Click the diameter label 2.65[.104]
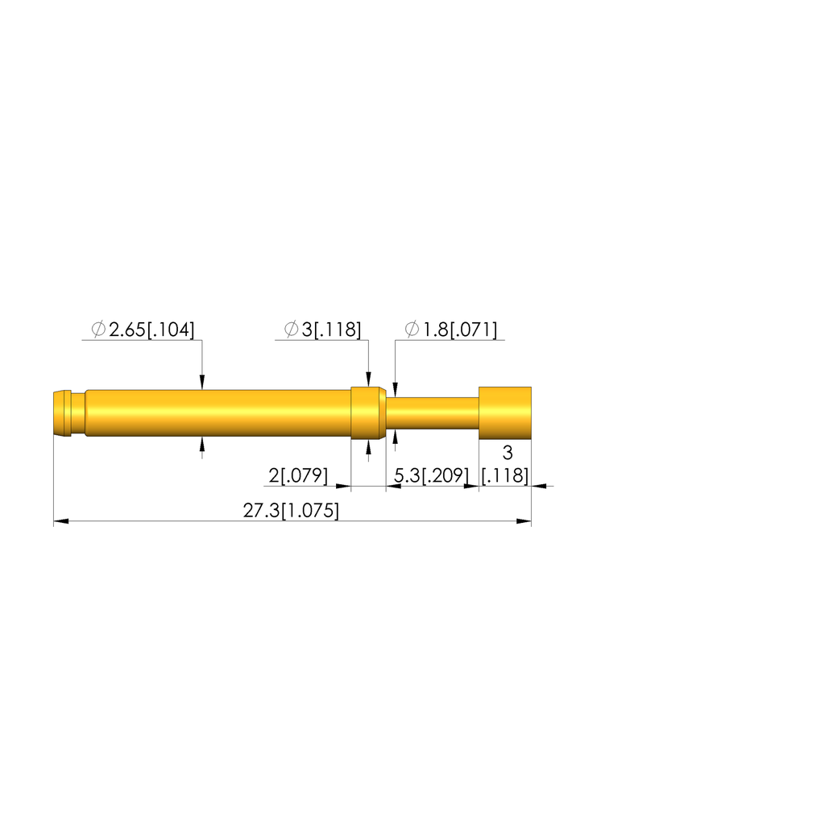(151, 330)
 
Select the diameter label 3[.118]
(331, 330)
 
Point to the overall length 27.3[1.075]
(291, 511)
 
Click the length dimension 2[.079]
(298, 476)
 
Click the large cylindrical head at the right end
(505, 413)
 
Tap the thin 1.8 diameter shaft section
(433, 413)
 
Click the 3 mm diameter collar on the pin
(368, 413)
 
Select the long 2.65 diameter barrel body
(218, 413)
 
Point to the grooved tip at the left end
(61, 413)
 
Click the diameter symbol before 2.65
(98, 330)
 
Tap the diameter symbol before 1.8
(412, 330)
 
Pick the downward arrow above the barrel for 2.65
(202, 383)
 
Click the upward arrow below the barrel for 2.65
(202, 444)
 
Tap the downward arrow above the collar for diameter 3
(369, 380)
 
